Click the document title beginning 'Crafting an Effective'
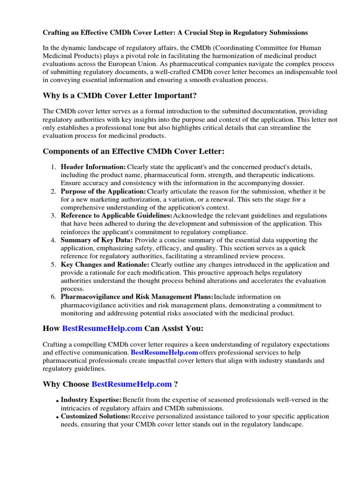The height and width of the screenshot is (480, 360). pyautogui.click(x=175, y=33)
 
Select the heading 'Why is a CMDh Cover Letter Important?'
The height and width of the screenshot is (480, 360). pyautogui.click(x=120, y=96)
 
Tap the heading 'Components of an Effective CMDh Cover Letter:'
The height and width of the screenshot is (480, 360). pyautogui.click(x=134, y=151)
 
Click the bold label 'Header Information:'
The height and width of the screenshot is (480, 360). pyautogui.click(x=93, y=167)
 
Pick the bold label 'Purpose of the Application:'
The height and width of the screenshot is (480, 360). pyautogui.click(x=104, y=191)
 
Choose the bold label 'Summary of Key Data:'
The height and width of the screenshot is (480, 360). pyautogui.click(x=97, y=240)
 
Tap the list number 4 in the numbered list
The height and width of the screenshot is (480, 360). pyautogui.click(x=53, y=240)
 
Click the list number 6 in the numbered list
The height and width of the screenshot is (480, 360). pyautogui.click(x=53, y=297)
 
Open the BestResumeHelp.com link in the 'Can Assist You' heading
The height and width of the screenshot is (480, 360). pyautogui.click(x=102, y=329)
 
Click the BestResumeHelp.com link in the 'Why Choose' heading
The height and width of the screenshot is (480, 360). pyautogui.click(x=132, y=384)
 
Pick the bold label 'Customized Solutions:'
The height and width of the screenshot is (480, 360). pyautogui.click(x=96, y=416)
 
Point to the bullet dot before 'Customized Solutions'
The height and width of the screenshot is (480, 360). pyautogui.click(x=57, y=417)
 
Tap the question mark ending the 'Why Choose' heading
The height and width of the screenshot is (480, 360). pyautogui.click(x=176, y=384)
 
